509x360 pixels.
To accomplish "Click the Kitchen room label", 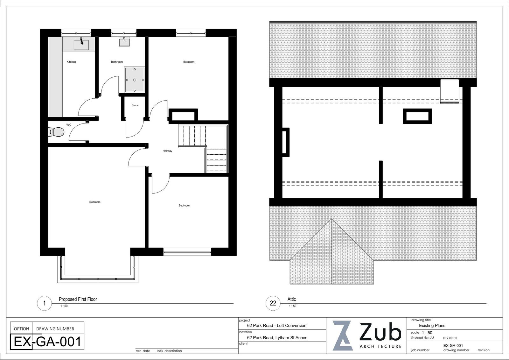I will [x=71, y=62].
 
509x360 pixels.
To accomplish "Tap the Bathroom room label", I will [x=117, y=62].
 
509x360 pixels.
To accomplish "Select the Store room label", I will [x=135, y=105].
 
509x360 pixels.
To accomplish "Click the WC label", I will [x=69, y=125].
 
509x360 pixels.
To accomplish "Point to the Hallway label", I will [x=167, y=151].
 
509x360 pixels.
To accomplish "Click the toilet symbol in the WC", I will [x=56, y=131].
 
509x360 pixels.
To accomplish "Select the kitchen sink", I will [x=81, y=44].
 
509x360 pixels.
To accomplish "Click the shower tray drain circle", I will [x=135, y=80].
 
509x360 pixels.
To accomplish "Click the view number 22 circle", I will [x=273, y=303].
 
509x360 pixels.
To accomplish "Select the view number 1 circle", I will [x=44, y=303].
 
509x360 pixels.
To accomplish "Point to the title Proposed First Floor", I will [x=78, y=299].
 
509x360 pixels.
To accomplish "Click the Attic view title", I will [x=291, y=299].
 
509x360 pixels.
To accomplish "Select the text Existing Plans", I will [x=432, y=326].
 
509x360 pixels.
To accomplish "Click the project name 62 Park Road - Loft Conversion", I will [x=276, y=326].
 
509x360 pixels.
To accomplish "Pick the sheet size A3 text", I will [x=422, y=338].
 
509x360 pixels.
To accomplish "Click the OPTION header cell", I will [x=21, y=329].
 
